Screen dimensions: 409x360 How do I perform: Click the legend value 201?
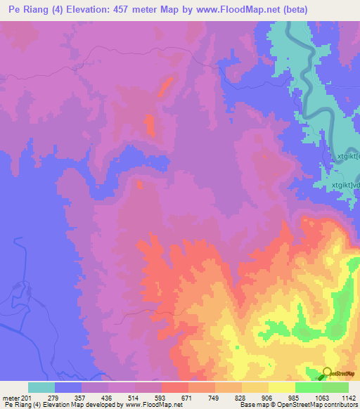pyautogui.click(x=25, y=398)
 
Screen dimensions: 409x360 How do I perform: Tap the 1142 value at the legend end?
pyautogui.click(x=349, y=398)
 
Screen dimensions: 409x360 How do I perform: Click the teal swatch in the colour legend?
pyautogui.click(x=41, y=387)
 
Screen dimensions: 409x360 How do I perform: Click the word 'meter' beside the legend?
pyautogui.click(x=10, y=398)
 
